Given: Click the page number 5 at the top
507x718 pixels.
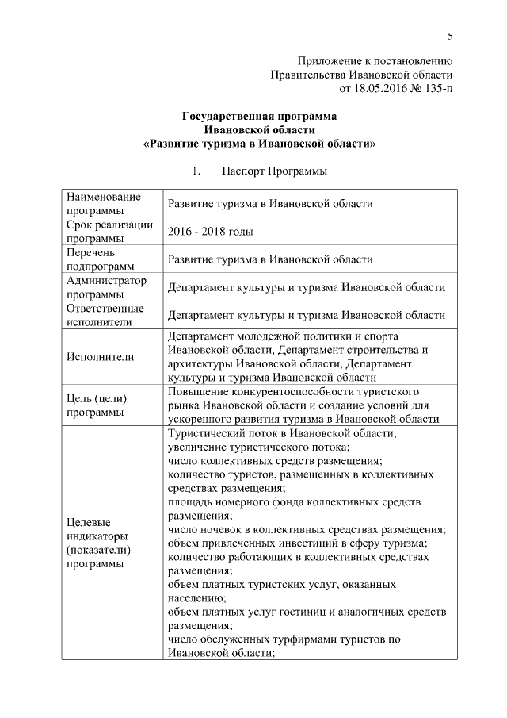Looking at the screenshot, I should (x=450, y=36).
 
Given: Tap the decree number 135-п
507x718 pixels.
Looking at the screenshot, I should (x=435, y=88).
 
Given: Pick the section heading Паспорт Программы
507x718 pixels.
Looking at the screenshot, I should (x=274, y=171).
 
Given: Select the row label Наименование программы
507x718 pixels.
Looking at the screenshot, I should (x=104, y=203).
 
